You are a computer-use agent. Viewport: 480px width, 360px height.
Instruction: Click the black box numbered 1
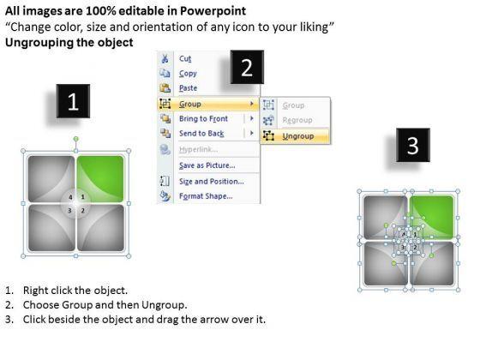(x=73, y=101)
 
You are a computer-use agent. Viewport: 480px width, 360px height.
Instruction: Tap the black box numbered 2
(x=247, y=67)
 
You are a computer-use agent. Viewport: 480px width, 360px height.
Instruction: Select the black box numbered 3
(x=413, y=145)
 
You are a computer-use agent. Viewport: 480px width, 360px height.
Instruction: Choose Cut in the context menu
(x=185, y=58)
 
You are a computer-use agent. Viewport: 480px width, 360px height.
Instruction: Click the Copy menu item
(x=188, y=74)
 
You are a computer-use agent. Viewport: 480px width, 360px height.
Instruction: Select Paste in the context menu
(x=188, y=88)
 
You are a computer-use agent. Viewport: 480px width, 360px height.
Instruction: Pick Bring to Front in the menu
(x=203, y=119)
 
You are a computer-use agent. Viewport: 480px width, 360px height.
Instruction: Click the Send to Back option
(x=201, y=134)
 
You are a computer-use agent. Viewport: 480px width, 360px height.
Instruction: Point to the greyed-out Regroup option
(x=297, y=120)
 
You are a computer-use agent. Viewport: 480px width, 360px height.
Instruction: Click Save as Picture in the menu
(x=207, y=165)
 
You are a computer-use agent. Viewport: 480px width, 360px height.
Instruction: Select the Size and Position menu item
(x=212, y=182)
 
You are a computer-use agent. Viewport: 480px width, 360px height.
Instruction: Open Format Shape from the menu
(x=206, y=196)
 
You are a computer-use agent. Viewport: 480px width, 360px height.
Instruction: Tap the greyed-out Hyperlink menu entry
(x=198, y=149)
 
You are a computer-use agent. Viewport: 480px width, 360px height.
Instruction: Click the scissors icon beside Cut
(x=165, y=58)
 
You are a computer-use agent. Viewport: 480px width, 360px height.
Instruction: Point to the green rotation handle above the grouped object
(x=76, y=139)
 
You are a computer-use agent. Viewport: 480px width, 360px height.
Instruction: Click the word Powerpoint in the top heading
(x=213, y=11)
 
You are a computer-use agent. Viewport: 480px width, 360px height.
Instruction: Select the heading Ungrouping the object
(x=69, y=42)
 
